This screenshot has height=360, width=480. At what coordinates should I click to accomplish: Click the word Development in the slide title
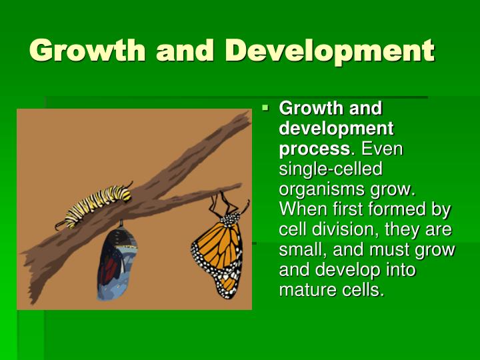pos(329,51)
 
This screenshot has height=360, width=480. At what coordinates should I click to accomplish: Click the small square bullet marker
pos(265,107)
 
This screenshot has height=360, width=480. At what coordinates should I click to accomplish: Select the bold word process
pos(313,148)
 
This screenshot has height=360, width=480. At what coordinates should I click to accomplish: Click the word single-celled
pos(331,168)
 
